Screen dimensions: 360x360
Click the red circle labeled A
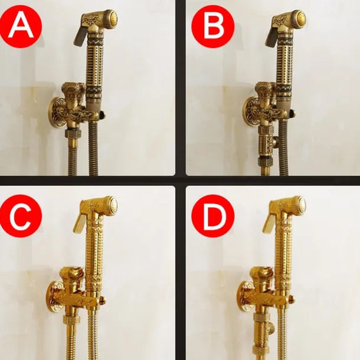[x=21, y=27]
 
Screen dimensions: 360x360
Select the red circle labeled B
[x=213, y=27]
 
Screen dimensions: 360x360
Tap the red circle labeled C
[x=21, y=216]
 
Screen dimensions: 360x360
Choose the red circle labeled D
[x=213, y=216]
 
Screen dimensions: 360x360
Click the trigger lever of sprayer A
[x=80, y=35]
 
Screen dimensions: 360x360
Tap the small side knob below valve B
[x=275, y=140]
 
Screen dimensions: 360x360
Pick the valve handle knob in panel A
[x=74, y=89]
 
